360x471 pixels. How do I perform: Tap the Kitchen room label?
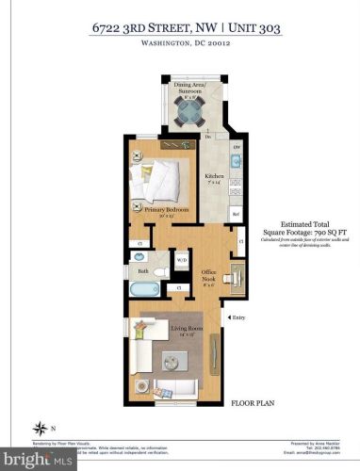pos(215,179)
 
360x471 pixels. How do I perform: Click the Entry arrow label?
pos(236,317)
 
